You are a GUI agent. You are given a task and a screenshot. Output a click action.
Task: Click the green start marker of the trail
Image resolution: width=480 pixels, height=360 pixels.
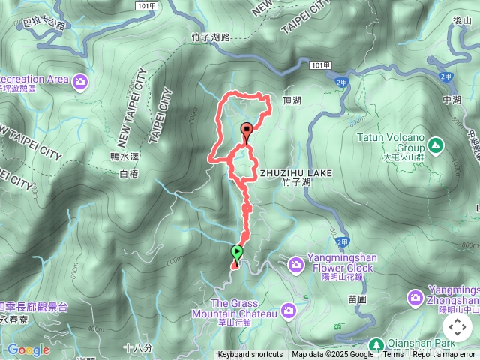click(x=238, y=253)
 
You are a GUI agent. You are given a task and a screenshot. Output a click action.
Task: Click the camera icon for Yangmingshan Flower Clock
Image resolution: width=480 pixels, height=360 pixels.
click(x=296, y=263)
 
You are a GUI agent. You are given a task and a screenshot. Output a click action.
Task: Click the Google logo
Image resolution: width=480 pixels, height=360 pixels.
click(x=28, y=349)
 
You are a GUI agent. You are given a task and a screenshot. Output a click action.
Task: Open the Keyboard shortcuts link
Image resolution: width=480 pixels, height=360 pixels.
click(x=250, y=355)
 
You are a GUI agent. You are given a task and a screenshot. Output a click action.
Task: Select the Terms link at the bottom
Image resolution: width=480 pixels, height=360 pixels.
click(x=393, y=355)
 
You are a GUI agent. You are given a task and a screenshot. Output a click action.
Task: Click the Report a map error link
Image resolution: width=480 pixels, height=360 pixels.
click(x=444, y=355)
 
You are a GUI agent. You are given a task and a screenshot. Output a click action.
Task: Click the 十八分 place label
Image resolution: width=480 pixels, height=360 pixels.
click(x=138, y=348)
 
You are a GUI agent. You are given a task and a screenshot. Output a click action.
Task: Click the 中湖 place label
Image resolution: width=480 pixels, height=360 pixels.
click(x=451, y=99)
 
